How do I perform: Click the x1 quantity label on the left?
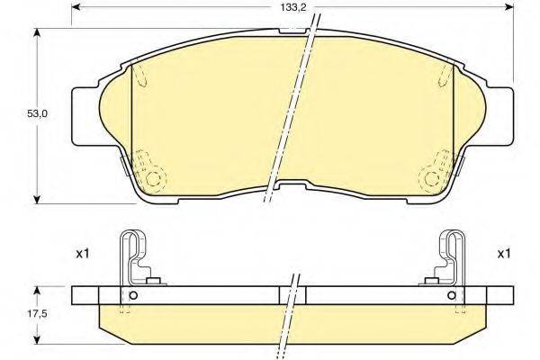tap(82, 255)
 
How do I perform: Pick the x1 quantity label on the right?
tap(503, 255)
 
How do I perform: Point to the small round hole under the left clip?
tap(133, 297)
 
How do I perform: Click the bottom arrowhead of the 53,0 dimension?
tap(37, 199)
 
